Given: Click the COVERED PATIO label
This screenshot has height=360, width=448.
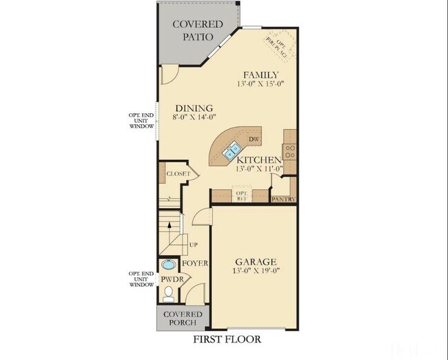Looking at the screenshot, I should coord(198,30).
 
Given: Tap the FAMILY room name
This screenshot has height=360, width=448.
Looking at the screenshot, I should coord(261,74).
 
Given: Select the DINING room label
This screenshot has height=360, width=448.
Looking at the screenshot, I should coord(193,108).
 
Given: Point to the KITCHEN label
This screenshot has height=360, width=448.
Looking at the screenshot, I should coord(258,159).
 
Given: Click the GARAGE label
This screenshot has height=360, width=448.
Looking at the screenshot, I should coord(256,262).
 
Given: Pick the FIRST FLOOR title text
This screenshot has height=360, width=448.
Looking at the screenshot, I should coord(227,339).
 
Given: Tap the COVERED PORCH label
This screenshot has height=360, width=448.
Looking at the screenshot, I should coord(183,318).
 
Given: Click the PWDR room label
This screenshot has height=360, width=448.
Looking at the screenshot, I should coord(170,279).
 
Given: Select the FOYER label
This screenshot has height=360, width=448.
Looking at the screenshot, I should coord(195,263).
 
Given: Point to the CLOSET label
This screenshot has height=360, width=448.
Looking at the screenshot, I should coord(177,174).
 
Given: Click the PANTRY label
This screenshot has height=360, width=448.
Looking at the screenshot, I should coord(284,199).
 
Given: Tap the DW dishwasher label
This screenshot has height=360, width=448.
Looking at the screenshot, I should coord(253,140).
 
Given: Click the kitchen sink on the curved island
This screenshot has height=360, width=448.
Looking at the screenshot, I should coord(232,148).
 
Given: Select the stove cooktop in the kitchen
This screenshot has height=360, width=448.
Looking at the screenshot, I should coord(291,151).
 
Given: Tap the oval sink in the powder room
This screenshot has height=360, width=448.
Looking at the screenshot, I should coord(168,265).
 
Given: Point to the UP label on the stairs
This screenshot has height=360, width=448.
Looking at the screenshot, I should coord(193,245).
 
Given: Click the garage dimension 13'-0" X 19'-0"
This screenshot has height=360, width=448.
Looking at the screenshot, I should coord(256,271).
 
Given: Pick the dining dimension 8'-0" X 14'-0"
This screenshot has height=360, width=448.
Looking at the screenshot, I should coord(193,117).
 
